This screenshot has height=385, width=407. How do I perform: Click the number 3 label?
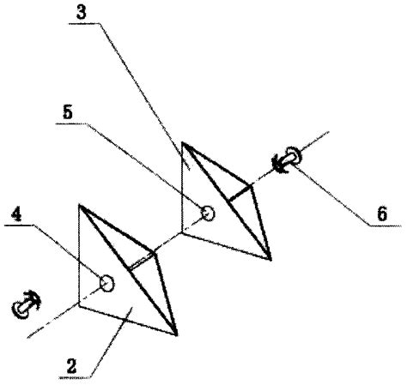(x=82, y=13)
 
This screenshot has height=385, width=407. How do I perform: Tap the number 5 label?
(x=68, y=112)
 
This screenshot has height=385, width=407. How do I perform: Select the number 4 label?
(x=16, y=214)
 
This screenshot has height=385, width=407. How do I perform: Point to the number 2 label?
(x=71, y=366)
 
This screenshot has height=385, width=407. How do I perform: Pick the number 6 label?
(x=382, y=214)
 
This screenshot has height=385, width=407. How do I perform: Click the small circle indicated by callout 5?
(x=209, y=214)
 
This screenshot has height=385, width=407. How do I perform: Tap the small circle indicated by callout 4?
(x=106, y=284)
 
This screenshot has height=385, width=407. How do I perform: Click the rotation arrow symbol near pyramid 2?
(x=26, y=304)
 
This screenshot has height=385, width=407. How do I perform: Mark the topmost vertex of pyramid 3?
(x=182, y=142)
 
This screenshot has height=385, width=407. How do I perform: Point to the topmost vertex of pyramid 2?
(x=79, y=205)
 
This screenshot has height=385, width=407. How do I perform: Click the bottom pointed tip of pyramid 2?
(x=176, y=334)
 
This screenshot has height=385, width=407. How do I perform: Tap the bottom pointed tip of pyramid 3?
(x=270, y=259)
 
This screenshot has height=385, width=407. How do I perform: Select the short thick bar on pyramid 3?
(x=240, y=193)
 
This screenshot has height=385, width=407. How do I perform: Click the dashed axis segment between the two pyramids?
(x=168, y=243)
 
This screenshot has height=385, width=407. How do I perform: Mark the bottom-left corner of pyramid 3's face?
(x=182, y=233)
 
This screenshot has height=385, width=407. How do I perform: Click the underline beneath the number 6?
(x=385, y=226)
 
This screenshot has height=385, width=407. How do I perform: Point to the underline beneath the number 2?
(x=75, y=378)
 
